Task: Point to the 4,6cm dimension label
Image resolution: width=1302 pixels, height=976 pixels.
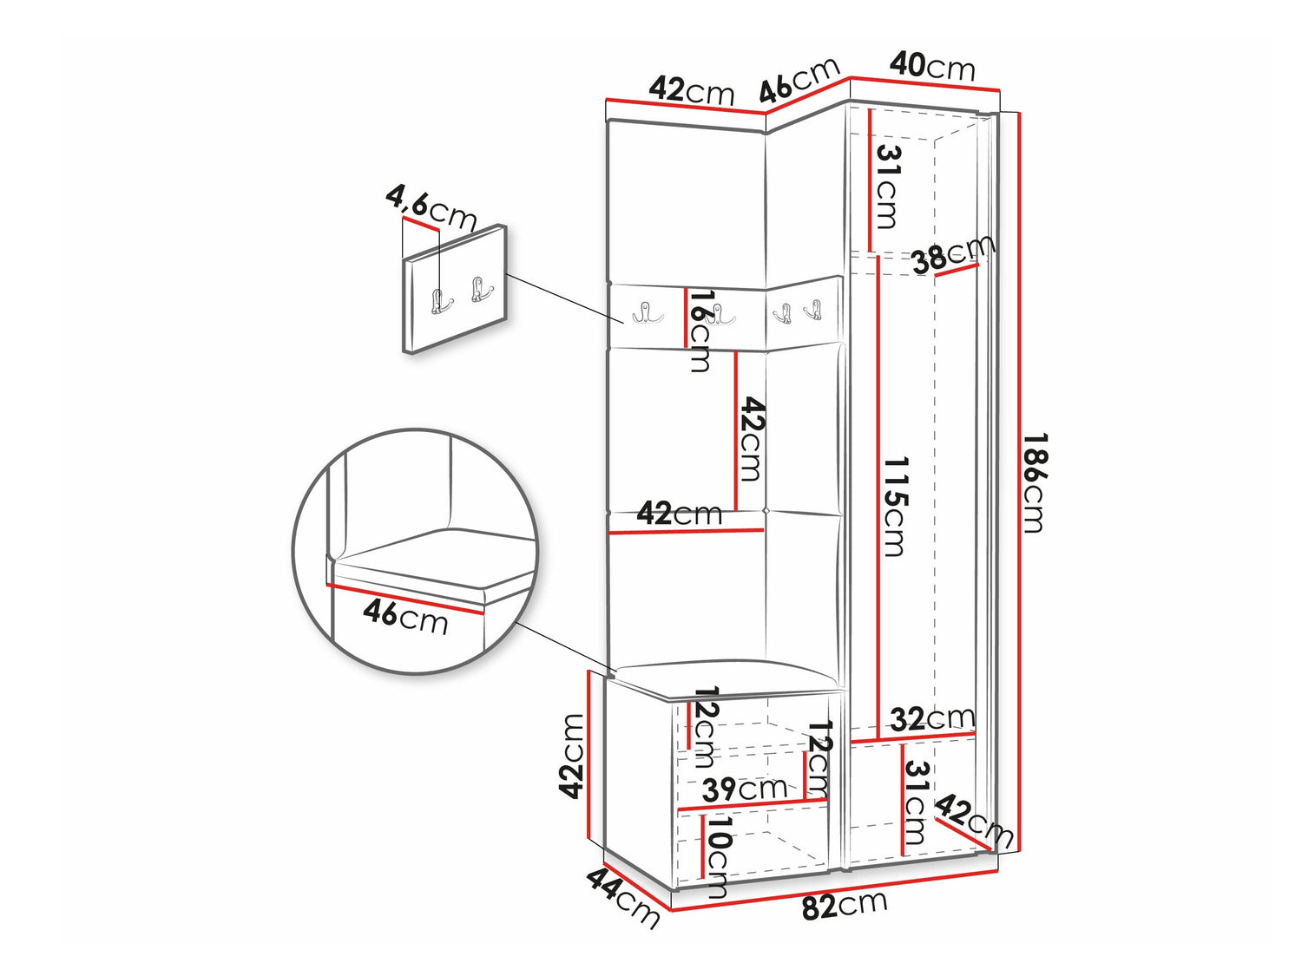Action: click(430, 208)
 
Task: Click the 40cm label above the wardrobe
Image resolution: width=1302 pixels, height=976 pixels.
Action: click(932, 67)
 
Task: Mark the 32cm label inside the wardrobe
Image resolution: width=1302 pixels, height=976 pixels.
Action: click(932, 719)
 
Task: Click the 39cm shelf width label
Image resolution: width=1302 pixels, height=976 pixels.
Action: click(745, 789)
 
